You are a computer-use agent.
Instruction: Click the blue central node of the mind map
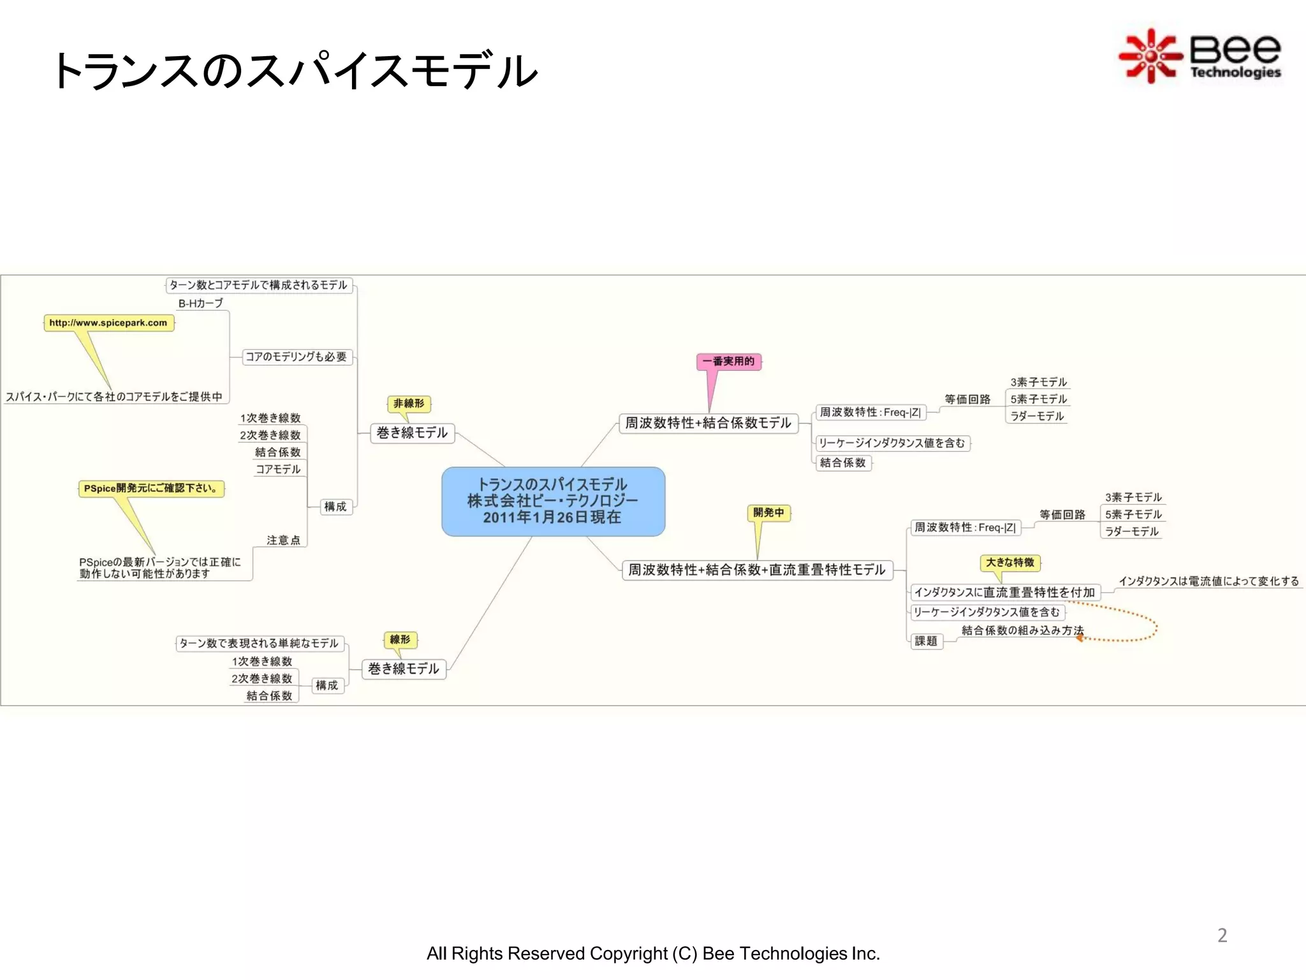pyautogui.click(x=553, y=501)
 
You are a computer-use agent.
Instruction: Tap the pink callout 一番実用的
pyautogui.click(x=728, y=362)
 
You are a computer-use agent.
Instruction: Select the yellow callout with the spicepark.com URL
pyautogui.click(x=108, y=323)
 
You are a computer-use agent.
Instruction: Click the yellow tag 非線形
pyautogui.click(x=409, y=403)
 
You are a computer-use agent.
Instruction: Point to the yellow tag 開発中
pyautogui.click(x=768, y=512)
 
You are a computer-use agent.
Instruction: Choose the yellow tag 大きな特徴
pyautogui.click(x=1010, y=562)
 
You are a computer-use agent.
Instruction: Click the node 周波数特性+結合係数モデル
pyautogui.click(x=708, y=423)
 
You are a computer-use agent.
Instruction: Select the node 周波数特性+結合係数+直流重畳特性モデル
pyautogui.click(x=757, y=570)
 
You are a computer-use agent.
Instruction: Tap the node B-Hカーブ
pyautogui.click(x=201, y=304)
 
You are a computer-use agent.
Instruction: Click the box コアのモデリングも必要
pyautogui.click(x=297, y=357)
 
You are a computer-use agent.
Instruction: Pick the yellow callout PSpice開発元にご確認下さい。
pyautogui.click(x=151, y=489)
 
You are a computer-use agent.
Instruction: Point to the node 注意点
pyautogui.click(x=283, y=540)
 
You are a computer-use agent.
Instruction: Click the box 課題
pyautogui.click(x=926, y=641)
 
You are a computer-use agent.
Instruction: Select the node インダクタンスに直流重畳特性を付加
pyautogui.click(x=1004, y=593)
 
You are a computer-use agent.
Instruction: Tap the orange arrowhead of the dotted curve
pyautogui.click(x=1080, y=637)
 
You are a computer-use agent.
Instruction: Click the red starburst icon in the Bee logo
pyautogui.click(x=1150, y=56)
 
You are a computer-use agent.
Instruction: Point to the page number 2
pyautogui.click(x=1222, y=935)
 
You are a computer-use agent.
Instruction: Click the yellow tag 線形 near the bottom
pyautogui.click(x=400, y=639)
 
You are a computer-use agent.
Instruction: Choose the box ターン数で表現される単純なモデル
pyautogui.click(x=259, y=643)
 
